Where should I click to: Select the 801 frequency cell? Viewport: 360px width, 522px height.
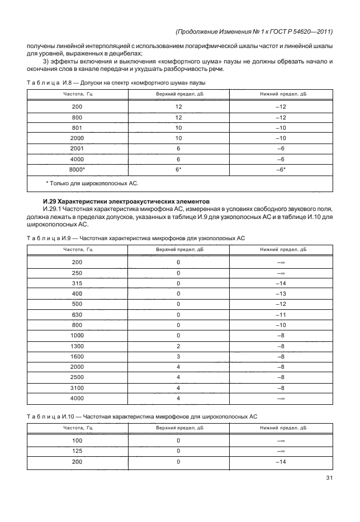77,128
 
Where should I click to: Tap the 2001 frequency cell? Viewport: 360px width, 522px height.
77,149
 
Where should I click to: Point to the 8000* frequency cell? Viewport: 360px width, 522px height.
77,169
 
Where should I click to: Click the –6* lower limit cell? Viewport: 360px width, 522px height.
281,169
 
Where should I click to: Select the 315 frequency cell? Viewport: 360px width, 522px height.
77,282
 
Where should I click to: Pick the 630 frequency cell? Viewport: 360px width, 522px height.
77,314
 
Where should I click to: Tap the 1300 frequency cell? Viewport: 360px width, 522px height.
77,345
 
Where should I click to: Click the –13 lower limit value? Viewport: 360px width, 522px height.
281,293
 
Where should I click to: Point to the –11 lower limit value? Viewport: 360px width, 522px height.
281,314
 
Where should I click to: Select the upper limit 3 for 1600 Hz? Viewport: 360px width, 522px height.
178,356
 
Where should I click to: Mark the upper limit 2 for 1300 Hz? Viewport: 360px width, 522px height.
178,345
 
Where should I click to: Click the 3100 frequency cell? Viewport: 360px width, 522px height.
77,387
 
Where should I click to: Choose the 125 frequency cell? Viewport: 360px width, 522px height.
77,451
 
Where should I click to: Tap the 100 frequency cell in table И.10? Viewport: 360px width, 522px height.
77,440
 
